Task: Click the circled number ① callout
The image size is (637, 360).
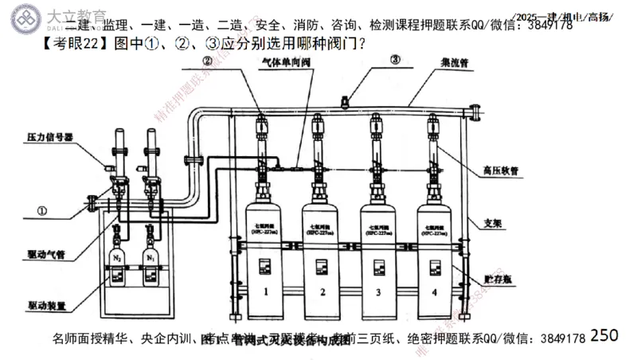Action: click(41, 212)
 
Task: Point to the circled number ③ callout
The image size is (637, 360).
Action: click(396, 61)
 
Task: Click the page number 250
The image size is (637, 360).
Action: click(604, 335)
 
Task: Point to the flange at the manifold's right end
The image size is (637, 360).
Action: click(476, 113)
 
